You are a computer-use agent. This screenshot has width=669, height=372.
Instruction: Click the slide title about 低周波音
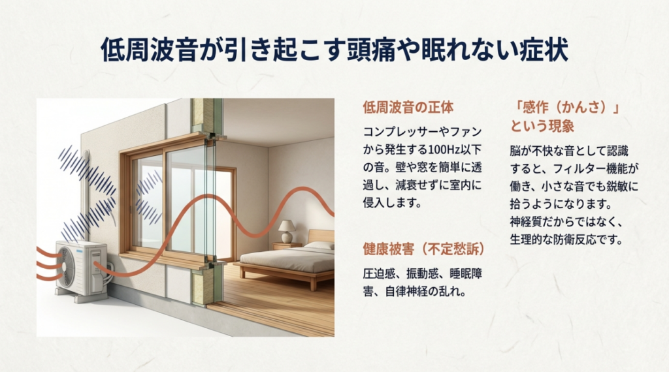[334, 49]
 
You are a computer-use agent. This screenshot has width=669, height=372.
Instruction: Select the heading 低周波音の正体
[408, 107]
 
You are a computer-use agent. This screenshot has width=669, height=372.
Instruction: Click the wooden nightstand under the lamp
[287, 246]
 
